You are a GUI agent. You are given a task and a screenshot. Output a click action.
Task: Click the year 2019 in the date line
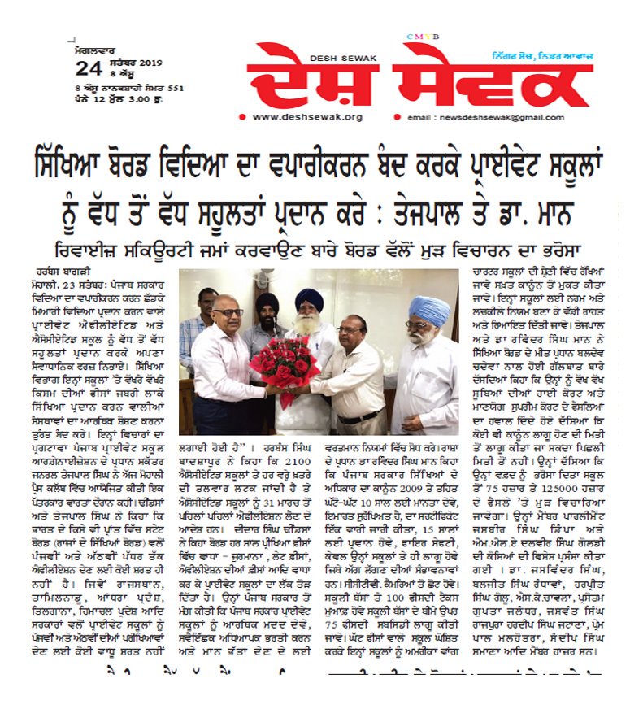click(151, 63)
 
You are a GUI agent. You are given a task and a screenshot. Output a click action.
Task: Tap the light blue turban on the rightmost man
click(428, 310)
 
